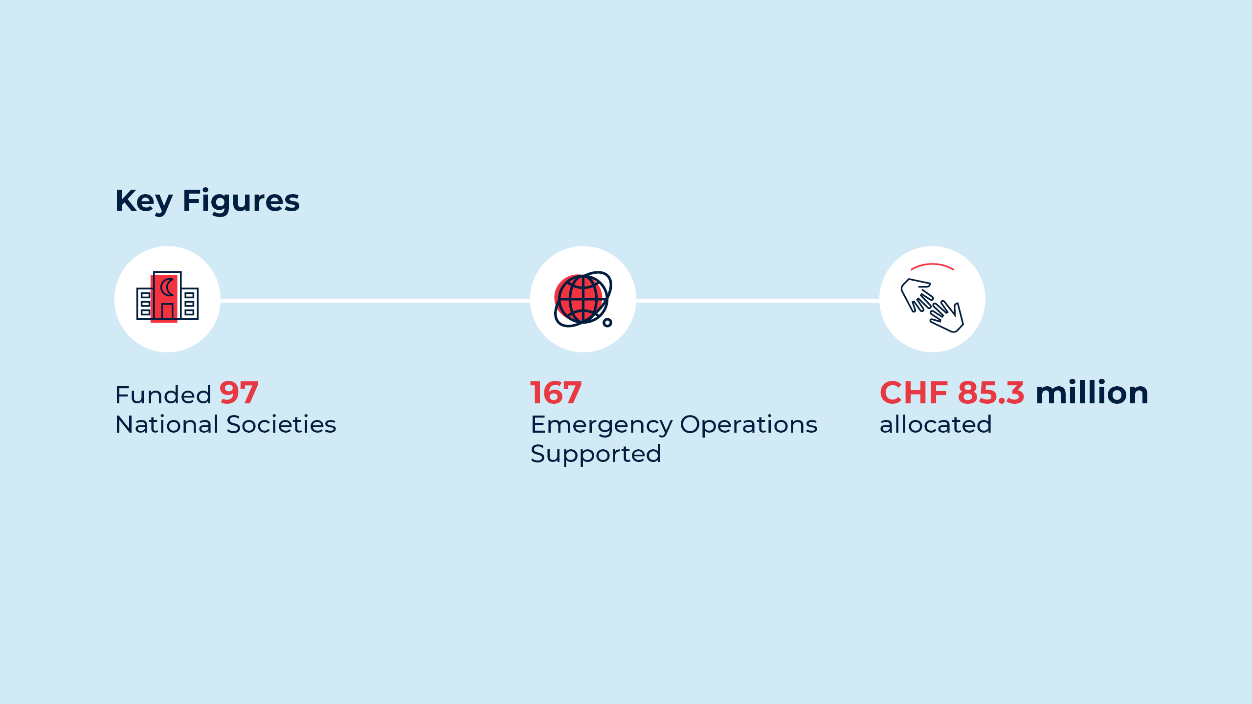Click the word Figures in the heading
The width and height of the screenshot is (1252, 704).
coord(241,201)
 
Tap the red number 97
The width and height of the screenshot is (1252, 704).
coord(239,393)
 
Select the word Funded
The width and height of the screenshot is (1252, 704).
coord(163,395)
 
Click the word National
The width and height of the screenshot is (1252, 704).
coord(167,424)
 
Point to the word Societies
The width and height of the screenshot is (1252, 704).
coord(281,424)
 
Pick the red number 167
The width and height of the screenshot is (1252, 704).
coord(556,393)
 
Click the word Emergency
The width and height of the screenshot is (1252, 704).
coord(602,425)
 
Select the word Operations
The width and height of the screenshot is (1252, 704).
coord(749,424)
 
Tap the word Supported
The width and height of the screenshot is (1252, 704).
coord(596,454)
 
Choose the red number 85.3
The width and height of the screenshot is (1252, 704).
coord(991,393)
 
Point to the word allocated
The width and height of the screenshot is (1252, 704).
coord(936,424)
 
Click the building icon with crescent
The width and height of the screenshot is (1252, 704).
coord(167,297)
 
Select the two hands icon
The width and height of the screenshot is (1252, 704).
coord(932,305)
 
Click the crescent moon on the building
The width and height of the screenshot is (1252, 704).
coord(167,287)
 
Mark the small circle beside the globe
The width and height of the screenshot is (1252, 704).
coord(607,323)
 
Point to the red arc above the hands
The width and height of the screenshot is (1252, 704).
coord(932,264)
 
